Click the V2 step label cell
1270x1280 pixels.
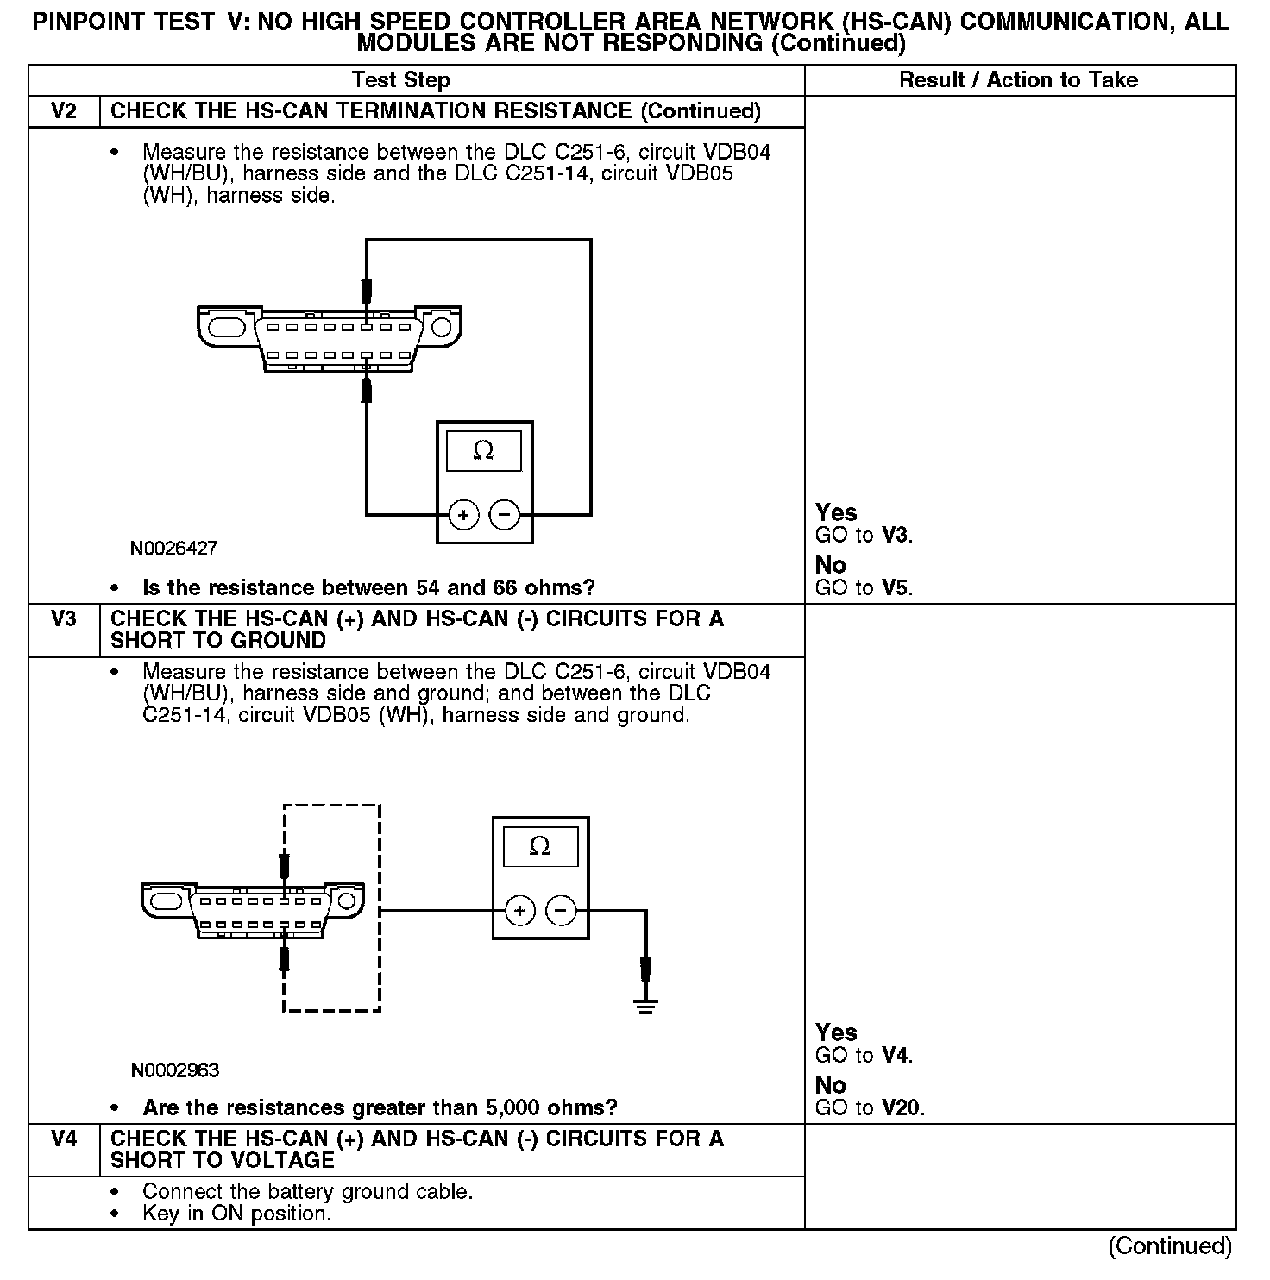64,111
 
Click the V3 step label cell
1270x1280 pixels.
64,619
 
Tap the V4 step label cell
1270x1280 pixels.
64,1139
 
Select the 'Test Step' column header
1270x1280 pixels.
401,80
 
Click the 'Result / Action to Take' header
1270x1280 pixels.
1018,80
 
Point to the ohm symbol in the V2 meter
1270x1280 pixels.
483,450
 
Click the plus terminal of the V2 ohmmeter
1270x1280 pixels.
463,515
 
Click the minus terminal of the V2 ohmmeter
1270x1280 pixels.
505,515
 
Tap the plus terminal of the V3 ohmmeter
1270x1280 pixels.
519,910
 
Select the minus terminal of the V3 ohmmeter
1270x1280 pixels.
562,910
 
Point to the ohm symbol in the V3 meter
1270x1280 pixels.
539,846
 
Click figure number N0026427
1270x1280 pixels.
174,548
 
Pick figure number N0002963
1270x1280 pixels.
175,1070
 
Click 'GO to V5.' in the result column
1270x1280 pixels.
864,588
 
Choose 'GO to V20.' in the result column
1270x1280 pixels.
870,1108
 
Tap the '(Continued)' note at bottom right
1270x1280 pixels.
1170,1245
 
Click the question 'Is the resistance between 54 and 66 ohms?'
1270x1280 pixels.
368,588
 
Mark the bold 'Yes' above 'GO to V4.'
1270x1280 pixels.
836,1032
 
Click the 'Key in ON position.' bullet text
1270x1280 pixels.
236,1214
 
